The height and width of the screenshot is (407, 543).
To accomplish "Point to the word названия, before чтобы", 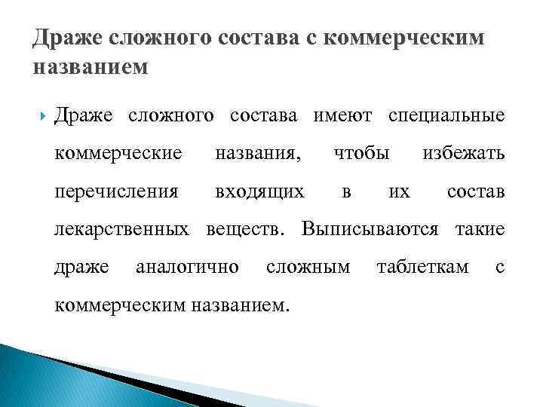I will [x=257, y=154].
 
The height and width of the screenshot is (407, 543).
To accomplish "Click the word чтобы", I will [x=361, y=154].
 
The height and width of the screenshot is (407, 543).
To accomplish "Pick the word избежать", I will [x=463, y=154].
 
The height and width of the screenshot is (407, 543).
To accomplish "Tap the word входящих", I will [x=260, y=191].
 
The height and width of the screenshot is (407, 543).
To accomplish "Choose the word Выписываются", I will [x=370, y=228].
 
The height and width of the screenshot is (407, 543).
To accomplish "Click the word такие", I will [x=479, y=228].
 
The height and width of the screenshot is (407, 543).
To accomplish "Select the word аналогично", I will [x=187, y=266].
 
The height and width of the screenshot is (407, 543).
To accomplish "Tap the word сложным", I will [x=308, y=266].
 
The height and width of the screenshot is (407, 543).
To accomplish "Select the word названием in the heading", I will [x=91, y=67].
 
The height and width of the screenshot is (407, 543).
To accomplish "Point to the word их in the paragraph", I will [x=399, y=191].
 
